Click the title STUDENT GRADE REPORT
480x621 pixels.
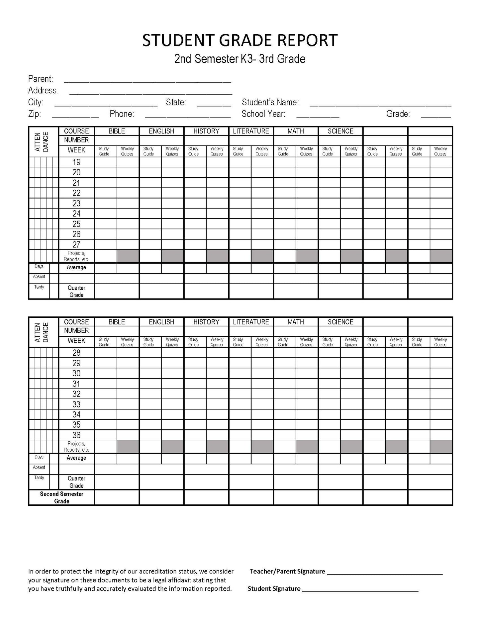(240, 40)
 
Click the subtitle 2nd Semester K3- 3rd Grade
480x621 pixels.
(240, 59)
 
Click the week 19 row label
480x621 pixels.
(76, 162)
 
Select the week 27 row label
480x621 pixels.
(76, 245)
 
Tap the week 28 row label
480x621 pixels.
(76, 353)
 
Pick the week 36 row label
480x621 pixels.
(76, 435)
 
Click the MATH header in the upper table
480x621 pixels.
(296, 131)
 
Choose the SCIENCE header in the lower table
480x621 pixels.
(340, 322)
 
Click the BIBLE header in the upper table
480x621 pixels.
(117, 131)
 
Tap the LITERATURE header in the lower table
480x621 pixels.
(251, 322)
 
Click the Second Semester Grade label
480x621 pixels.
(62, 497)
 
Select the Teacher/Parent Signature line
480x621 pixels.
(385, 572)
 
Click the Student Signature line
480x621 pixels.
(360, 589)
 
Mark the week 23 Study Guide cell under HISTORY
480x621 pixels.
(195, 204)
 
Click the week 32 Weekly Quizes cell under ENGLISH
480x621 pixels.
(172, 394)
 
